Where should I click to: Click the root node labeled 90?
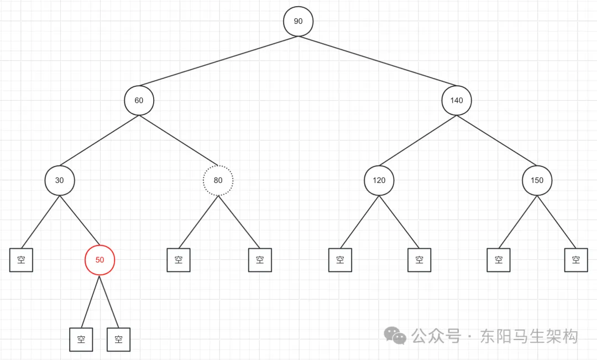(x=298, y=22)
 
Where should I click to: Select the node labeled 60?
(x=139, y=101)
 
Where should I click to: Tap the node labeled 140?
(x=456, y=101)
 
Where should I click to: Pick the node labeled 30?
(x=59, y=180)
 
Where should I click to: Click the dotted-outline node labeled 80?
(x=218, y=180)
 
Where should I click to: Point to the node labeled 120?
(x=379, y=180)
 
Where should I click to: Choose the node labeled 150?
(x=537, y=180)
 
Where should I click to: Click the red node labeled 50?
(x=99, y=259)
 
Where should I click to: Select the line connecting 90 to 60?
(x=218, y=61)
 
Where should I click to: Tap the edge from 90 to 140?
(x=377, y=61)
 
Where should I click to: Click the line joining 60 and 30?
(x=99, y=140)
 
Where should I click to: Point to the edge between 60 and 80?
(x=179, y=140)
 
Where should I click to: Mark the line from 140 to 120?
(x=417, y=140)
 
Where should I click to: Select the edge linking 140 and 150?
(x=496, y=140)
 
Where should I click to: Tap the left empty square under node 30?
(x=21, y=260)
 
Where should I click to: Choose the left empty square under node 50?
(x=81, y=340)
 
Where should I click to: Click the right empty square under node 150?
(x=576, y=260)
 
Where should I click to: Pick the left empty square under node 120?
(x=340, y=260)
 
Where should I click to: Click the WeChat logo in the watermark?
(x=396, y=335)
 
